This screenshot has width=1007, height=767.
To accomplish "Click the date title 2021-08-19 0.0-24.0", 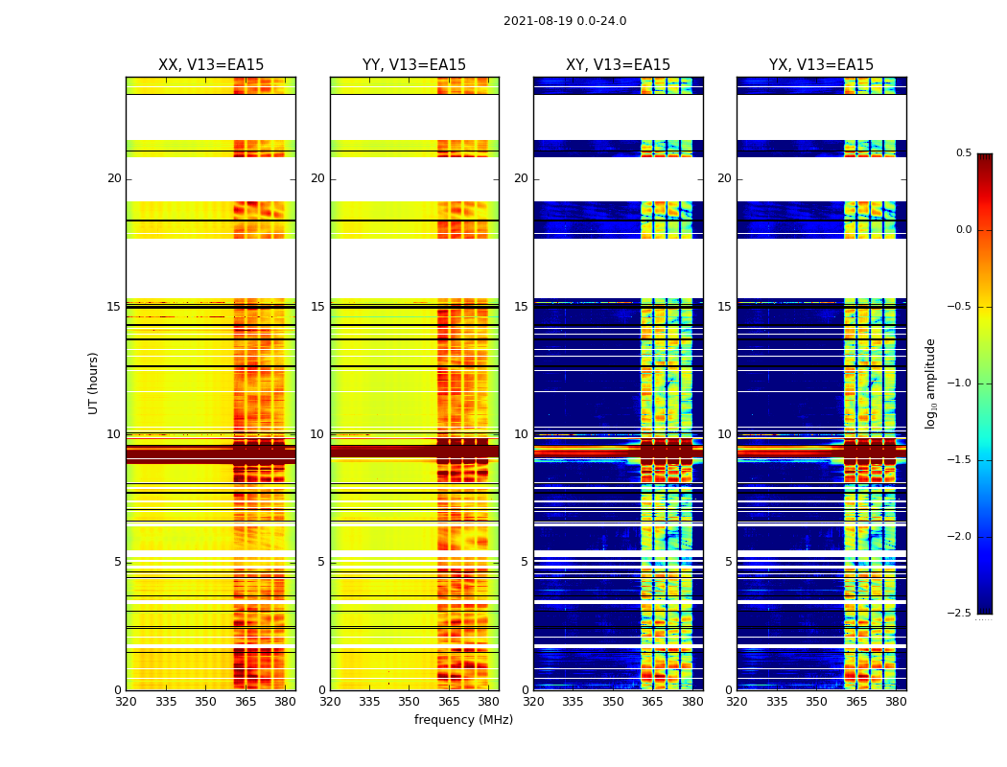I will pos(565,21).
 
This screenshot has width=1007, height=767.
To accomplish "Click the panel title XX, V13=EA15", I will pos(211,65).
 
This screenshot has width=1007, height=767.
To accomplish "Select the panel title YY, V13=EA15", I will pos(414,65).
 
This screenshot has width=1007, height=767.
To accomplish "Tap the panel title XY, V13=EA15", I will pos(618,65).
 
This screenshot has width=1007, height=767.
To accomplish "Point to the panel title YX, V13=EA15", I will pos(821,65).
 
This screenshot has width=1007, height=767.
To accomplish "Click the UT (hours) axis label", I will pos(93,383).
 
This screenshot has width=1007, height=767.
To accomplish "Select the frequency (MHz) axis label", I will pos(463,720).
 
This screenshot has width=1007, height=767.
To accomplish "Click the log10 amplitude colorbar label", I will pos(930,383).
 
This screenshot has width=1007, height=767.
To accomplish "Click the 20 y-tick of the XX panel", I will pos(114,178).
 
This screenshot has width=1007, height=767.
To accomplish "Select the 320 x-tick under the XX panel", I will pos(126,702).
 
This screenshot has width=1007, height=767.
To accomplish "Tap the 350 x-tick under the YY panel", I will pos(410,702).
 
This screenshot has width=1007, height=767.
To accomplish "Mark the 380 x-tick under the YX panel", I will pos(896,702).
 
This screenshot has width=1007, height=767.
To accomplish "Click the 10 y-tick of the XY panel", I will pos(521,434).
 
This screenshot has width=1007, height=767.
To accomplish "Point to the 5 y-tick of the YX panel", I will pos(728,562).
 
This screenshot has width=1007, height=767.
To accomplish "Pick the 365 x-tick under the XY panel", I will pos(653,702).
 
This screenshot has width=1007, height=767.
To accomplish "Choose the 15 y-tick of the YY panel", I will pos(317,307).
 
